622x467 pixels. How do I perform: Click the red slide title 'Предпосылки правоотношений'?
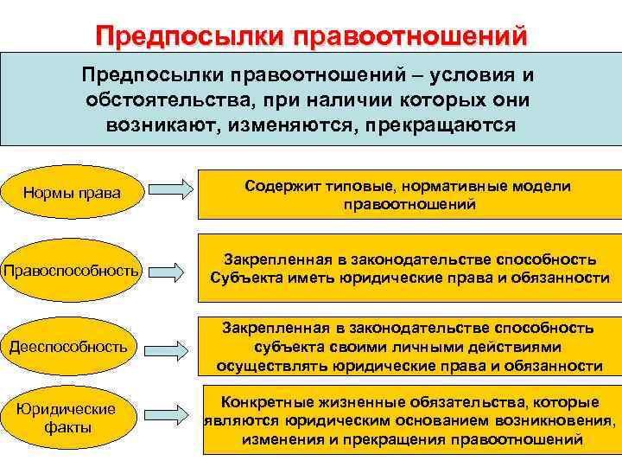(311, 37)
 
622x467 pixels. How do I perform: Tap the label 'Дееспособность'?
(68, 347)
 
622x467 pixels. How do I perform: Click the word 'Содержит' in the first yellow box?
(278, 186)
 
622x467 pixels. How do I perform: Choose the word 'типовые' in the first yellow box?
(353, 186)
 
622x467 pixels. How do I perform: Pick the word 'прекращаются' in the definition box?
(441, 124)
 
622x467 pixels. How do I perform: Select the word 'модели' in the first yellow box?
(544, 186)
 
